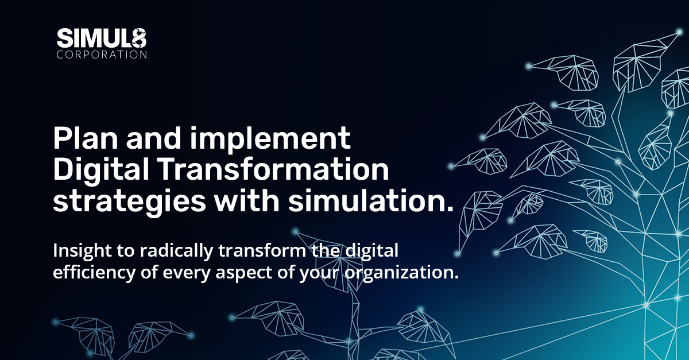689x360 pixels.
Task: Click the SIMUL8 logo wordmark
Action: coord(101,39)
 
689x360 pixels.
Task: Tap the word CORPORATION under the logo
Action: coord(101,55)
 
